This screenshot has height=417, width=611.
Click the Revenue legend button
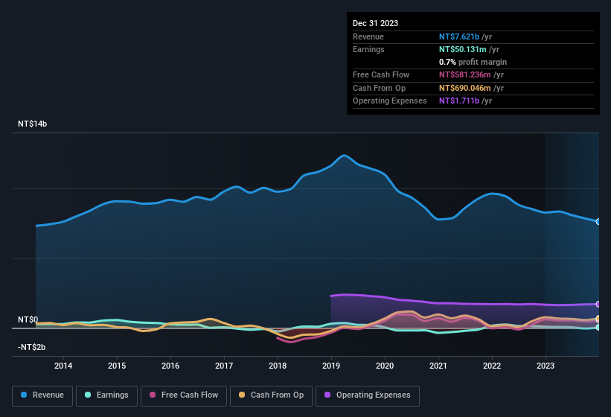[x=42, y=395]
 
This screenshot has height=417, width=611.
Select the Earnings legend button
[x=106, y=395]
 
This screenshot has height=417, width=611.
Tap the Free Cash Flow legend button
[x=183, y=395]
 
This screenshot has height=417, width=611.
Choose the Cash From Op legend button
[x=272, y=395]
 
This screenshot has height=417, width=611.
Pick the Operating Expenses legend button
[x=368, y=395]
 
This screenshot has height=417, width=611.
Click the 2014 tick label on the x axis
[x=63, y=366]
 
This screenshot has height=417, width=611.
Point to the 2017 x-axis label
[x=224, y=366]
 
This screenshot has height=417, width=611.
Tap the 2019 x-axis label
[x=331, y=366]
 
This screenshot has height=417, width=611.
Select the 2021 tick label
[x=438, y=366]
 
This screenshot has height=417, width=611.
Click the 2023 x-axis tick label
[x=546, y=366]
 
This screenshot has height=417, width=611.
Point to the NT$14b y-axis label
[x=32, y=124]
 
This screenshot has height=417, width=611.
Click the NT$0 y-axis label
[x=28, y=319]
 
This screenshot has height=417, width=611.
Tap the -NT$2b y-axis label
[x=32, y=348]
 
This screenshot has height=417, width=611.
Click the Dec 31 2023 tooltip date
[x=375, y=23]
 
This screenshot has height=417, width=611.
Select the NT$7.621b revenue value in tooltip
[x=465, y=36]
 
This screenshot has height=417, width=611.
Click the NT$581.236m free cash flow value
[x=470, y=75]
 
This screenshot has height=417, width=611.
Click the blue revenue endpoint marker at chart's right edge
[x=598, y=222]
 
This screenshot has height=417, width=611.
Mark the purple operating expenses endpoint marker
[x=598, y=304]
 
